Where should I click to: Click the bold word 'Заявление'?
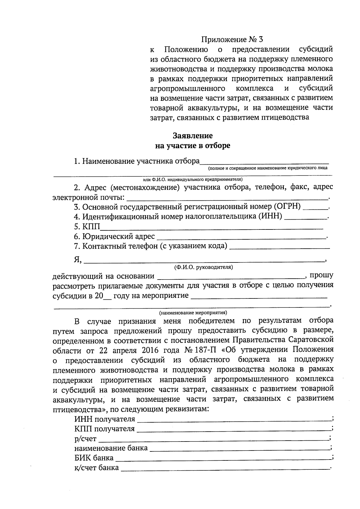click(193, 136)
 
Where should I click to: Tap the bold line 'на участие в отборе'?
click(193, 145)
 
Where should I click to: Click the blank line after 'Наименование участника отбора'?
click(264, 162)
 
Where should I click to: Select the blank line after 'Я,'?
click(204, 260)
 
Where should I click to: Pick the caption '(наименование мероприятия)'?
click(193, 312)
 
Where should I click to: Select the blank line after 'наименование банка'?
click(239, 449)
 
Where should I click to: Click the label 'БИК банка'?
click(94, 458)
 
